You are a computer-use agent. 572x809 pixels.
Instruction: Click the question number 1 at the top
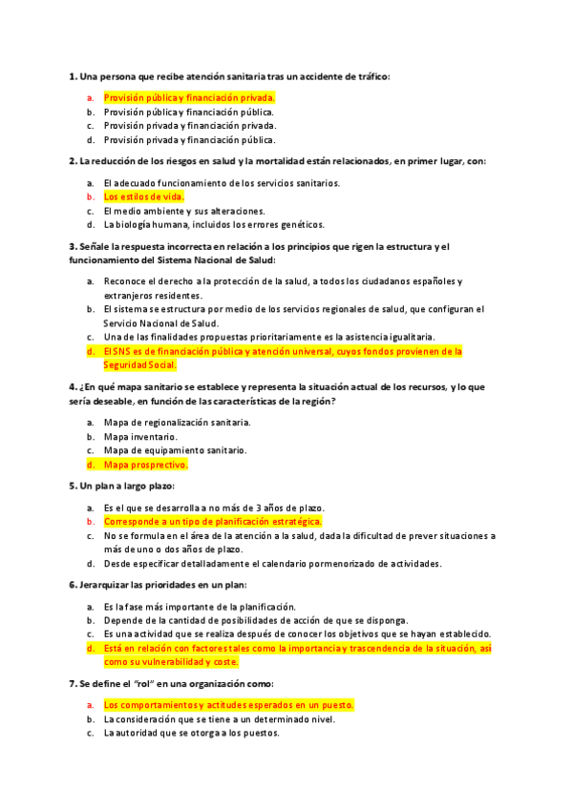coord(74,76)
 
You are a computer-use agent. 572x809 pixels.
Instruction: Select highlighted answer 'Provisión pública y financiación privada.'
coord(189,97)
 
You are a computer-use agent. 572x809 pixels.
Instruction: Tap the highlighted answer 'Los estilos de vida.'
coord(143,197)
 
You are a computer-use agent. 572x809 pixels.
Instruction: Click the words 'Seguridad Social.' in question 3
coord(140,365)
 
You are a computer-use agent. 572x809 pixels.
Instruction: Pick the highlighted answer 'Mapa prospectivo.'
coord(145,465)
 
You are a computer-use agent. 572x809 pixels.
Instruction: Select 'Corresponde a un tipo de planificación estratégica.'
coord(212,522)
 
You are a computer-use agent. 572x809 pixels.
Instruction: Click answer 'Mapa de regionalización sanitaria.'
coord(178,422)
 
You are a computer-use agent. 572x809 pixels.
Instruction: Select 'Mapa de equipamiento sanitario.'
coord(174,450)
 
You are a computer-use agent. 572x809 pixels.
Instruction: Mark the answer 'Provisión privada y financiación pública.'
coord(189,139)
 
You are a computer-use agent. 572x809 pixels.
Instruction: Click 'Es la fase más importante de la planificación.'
coord(200,607)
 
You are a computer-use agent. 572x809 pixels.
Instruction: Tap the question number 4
coord(74,387)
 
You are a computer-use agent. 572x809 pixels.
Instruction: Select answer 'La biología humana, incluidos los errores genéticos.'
coord(214,225)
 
